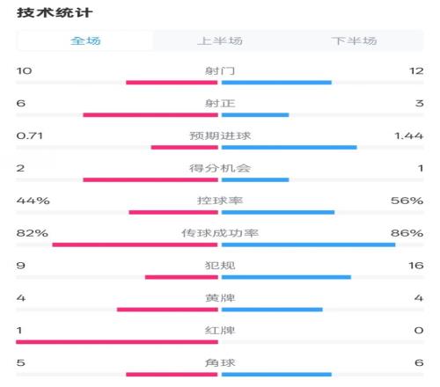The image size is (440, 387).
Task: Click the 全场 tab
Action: [85, 40]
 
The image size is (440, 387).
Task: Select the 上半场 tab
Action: [220, 40]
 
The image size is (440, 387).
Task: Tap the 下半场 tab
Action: [355, 40]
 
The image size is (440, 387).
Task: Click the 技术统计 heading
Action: [55, 13]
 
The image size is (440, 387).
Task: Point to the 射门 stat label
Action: [220, 70]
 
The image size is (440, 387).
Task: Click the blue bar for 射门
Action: [276, 83]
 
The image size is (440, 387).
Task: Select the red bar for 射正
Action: [150, 115]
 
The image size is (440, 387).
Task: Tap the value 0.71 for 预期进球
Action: [30, 135]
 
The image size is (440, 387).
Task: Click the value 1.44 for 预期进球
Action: [408, 135]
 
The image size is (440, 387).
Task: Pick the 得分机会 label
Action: [220, 168]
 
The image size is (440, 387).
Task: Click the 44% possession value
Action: [33, 201]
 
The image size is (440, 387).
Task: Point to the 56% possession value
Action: [407, 201]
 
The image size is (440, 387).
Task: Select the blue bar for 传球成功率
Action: [309, 245]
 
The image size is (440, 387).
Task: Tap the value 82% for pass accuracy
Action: [33, 233]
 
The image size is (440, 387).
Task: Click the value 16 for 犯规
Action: [416, 266]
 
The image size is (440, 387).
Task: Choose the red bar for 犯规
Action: [181, 277]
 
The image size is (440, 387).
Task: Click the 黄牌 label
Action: [220, 298]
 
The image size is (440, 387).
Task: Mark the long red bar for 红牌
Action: [117, 342]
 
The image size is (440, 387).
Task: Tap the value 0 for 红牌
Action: [419, 331]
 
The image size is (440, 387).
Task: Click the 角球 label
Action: [220, 362]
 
